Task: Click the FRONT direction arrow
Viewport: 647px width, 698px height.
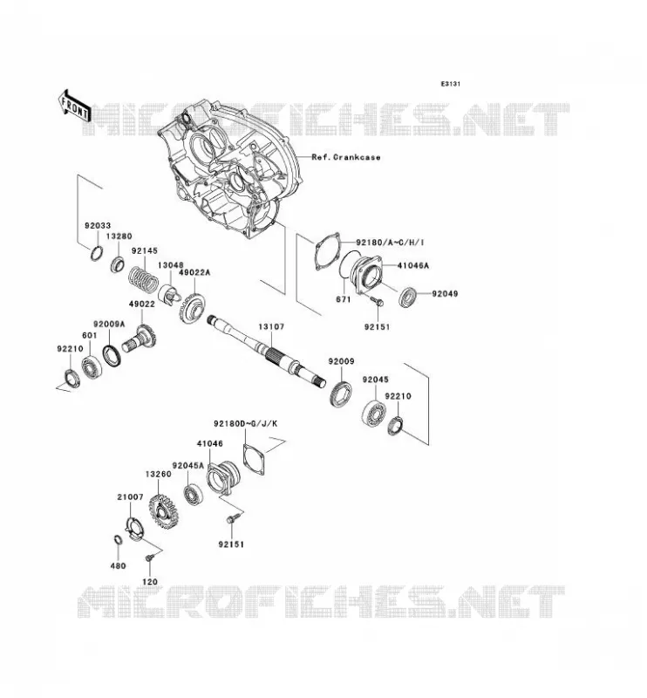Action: point(75,106)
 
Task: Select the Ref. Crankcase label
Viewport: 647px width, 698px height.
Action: point(346,157)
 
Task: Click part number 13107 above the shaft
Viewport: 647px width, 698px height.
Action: point(271,326)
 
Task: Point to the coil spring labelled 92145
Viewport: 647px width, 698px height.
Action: point(143,277)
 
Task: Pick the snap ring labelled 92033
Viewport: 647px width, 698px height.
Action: point(97,253)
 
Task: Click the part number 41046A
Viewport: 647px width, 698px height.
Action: point(413,266)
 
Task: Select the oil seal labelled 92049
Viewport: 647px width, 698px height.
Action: point(407,298)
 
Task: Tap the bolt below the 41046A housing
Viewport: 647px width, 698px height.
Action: point(377,302)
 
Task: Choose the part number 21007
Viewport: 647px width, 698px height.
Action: point(131,496)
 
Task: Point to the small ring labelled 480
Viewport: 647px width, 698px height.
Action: point(118,539)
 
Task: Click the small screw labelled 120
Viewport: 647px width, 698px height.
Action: point(150,557)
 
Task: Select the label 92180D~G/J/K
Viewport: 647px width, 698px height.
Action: point(245,423)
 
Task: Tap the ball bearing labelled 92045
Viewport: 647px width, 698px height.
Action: point(374,413)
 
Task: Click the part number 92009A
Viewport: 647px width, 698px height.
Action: point(109,324)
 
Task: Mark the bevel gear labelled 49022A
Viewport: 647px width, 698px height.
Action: point(193,307)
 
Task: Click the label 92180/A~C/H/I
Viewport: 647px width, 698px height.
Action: point(390,243)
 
